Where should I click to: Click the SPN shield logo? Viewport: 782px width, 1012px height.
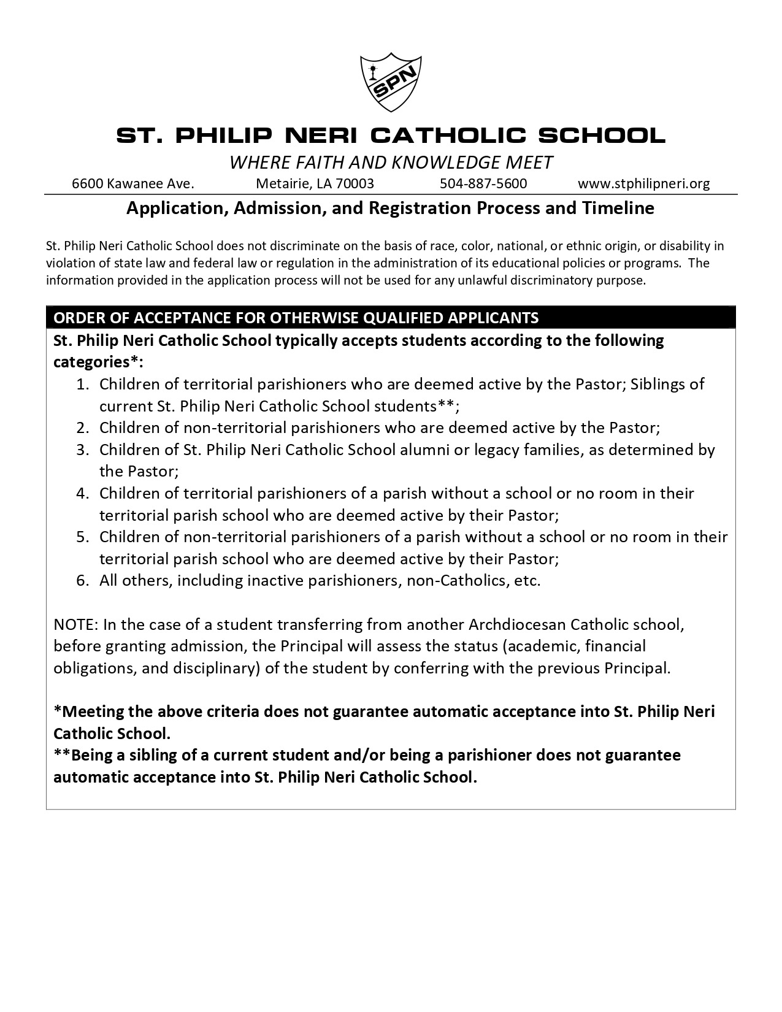point(391,83)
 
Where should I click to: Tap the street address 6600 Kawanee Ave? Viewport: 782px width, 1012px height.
point(133,183)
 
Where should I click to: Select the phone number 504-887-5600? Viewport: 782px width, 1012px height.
point(483,183)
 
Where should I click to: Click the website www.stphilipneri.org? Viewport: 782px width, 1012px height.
point(643,183)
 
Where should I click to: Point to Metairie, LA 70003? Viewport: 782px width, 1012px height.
point(315,183)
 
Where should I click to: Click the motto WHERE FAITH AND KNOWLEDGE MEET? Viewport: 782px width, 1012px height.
point(391,163)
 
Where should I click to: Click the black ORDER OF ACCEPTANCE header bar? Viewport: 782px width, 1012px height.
point(391,318)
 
